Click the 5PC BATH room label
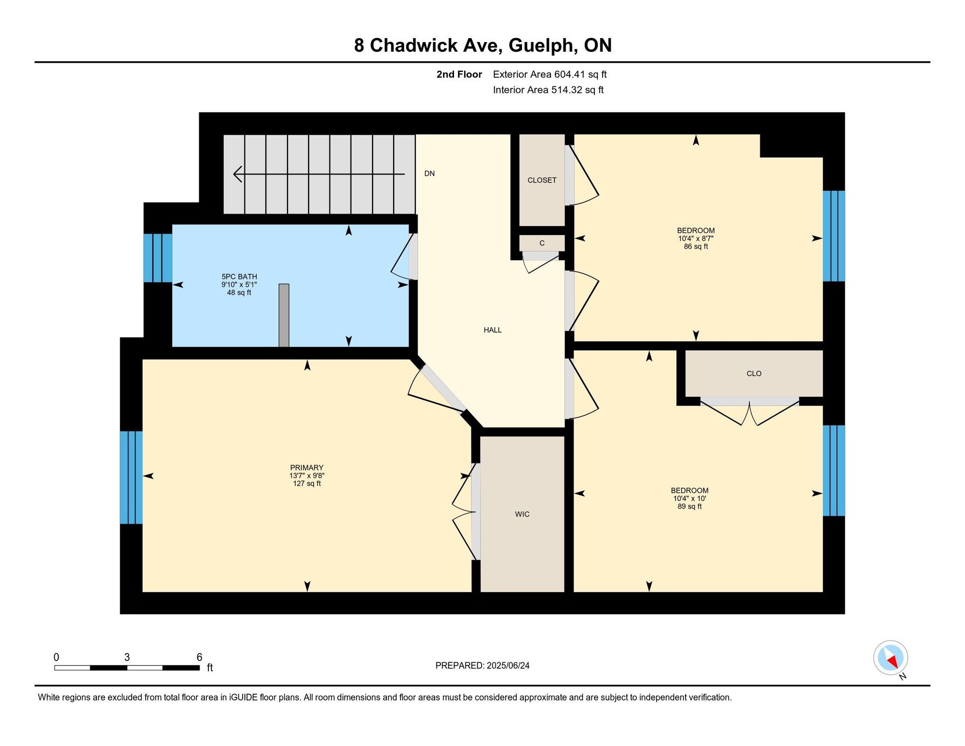239,277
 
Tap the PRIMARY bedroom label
307,467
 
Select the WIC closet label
522,514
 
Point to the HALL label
493,330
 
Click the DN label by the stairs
429,173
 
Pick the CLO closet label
754,373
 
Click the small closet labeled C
542,243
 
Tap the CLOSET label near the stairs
542,180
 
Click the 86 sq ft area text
696,246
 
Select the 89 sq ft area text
689,506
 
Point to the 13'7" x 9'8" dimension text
307,476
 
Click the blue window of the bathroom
158,258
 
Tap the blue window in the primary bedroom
131,478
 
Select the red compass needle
892,662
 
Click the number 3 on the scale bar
127,657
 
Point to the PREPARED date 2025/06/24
508,665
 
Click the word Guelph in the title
543,45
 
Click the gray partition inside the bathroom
284,315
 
